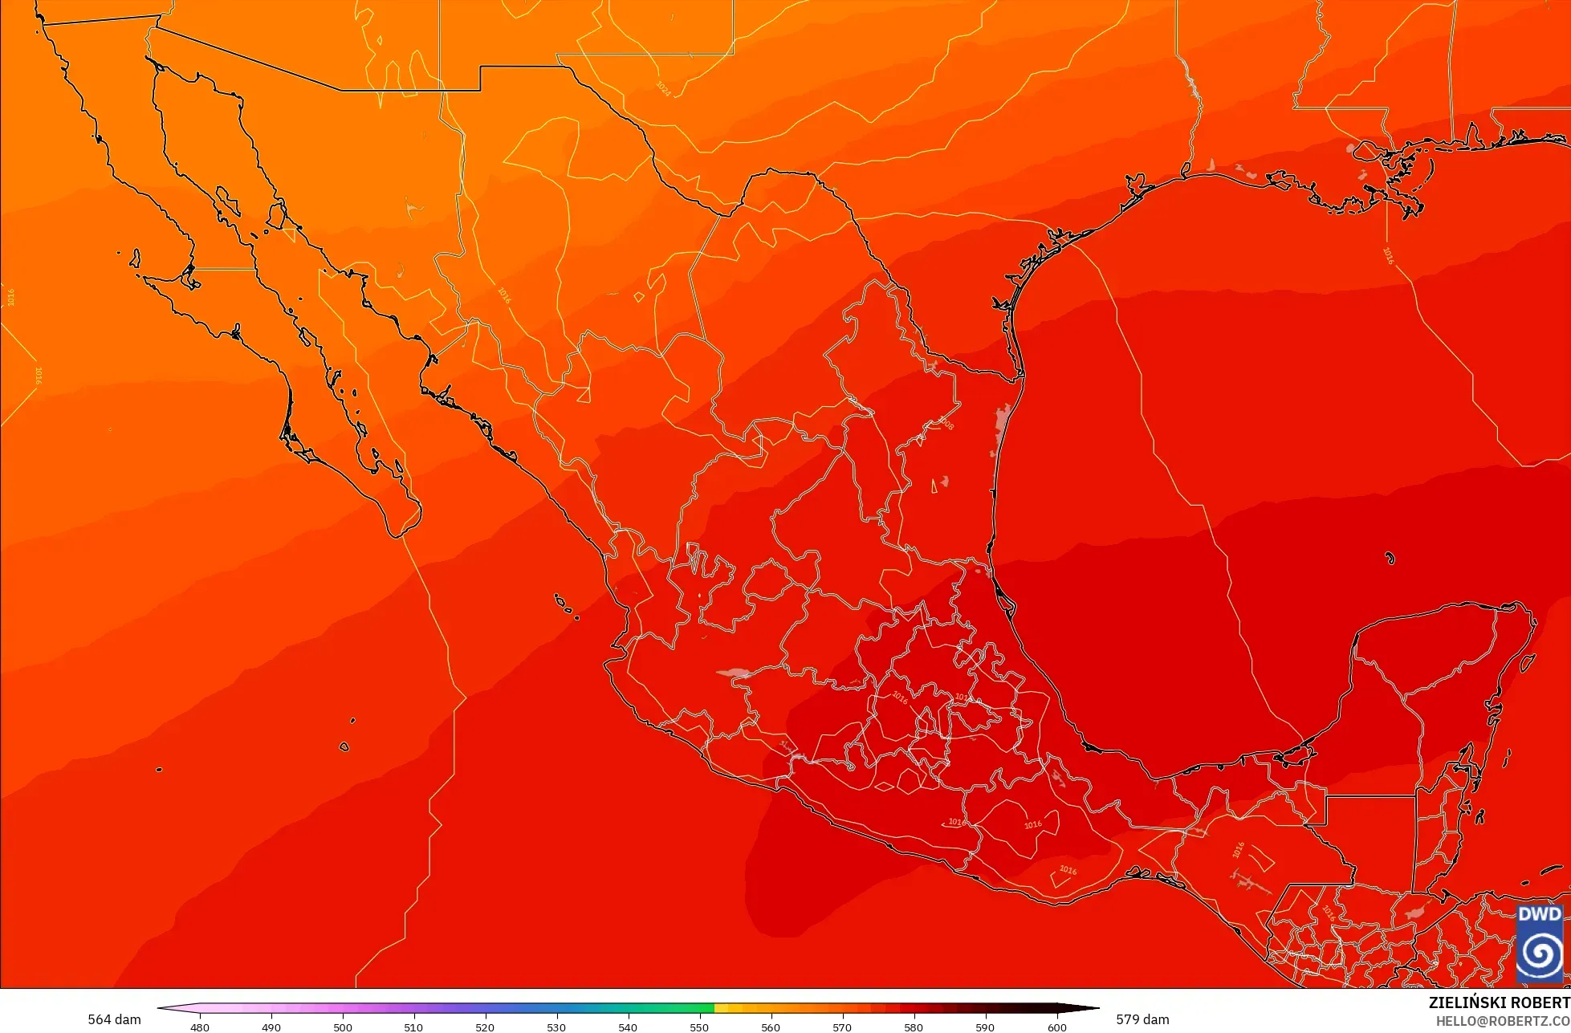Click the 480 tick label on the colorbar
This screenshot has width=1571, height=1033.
(200, 1027)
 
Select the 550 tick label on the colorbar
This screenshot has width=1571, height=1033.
(699, 1027)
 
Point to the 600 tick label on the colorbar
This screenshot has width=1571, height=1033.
(1056, 1027)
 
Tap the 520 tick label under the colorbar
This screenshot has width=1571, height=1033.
(485, 1027)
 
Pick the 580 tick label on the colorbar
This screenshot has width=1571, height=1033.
(914, 1027)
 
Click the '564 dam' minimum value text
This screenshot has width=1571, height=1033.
(114, 1019)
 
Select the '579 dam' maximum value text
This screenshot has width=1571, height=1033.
(1142, 1019)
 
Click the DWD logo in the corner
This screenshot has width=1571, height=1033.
(1540, 944)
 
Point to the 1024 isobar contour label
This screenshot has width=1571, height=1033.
(663, 88)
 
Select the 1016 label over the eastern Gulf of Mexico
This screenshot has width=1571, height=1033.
(1388, 255)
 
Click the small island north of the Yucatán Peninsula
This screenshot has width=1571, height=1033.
(1390, 559)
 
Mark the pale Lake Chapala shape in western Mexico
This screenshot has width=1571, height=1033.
(734, 673)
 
